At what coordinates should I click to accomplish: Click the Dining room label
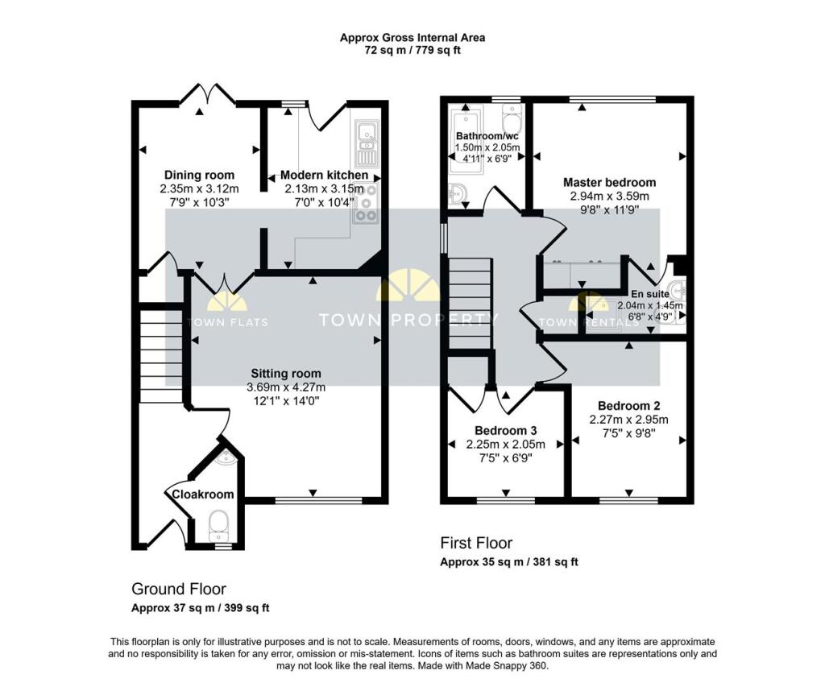(199, 175)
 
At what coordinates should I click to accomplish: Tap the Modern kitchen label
(324, 175)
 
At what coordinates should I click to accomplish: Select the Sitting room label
(285, 373)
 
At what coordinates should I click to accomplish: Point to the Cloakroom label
(202, 494)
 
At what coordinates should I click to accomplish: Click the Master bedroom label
(609, 182)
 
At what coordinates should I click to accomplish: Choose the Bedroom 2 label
(629, 405)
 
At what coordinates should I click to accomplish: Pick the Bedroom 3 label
(505, 430)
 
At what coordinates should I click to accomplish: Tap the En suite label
(649, 295)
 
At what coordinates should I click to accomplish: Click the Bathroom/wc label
(487, 135)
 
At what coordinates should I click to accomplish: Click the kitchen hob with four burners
(367, 202)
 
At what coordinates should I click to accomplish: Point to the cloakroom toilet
(218, 527)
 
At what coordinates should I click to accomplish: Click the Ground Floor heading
(179, 589)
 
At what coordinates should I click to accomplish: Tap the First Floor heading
(475, 543)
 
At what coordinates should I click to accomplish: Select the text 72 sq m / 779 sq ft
(412, 50)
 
